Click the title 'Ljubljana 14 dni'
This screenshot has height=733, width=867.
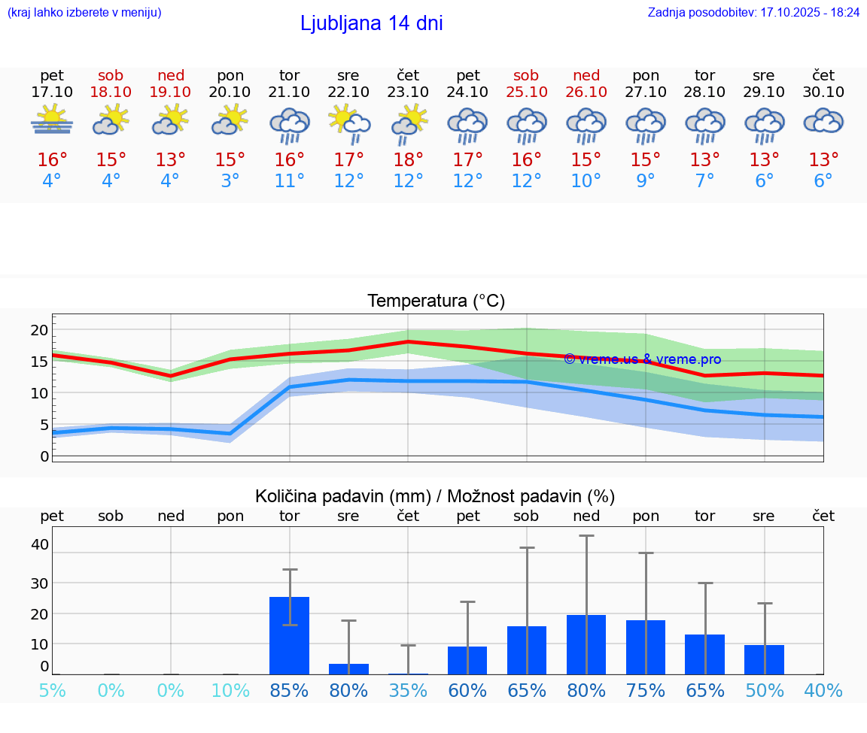tap(371, 23)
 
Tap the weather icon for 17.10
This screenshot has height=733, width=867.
tap(52, 120)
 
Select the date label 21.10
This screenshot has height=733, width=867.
tap(289, 92)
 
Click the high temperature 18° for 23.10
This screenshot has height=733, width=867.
tap(408, 160)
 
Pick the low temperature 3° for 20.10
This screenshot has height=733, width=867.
tap(230, 181)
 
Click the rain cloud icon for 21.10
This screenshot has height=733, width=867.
tap(290, 125)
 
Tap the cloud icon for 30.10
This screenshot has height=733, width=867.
tap(823, 122)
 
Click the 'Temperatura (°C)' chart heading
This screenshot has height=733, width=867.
tap(436, 301)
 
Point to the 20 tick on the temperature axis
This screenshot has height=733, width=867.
tap(39, 330)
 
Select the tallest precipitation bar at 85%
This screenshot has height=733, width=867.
tap(290, 635)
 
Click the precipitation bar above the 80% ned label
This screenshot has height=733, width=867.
tap(586, 644)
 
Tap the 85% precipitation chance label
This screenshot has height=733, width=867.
tap(289, 690)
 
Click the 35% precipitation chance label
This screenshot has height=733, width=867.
tap(408, 690)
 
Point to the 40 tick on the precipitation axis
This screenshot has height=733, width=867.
tap(39, 544)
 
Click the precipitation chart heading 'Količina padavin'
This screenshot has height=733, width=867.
tap(435, 496)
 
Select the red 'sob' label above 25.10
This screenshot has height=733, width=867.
tap(526, 75)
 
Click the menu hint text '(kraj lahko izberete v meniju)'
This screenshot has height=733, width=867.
tap(84, 13)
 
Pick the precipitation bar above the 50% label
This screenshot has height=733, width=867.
tap(764, 659)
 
